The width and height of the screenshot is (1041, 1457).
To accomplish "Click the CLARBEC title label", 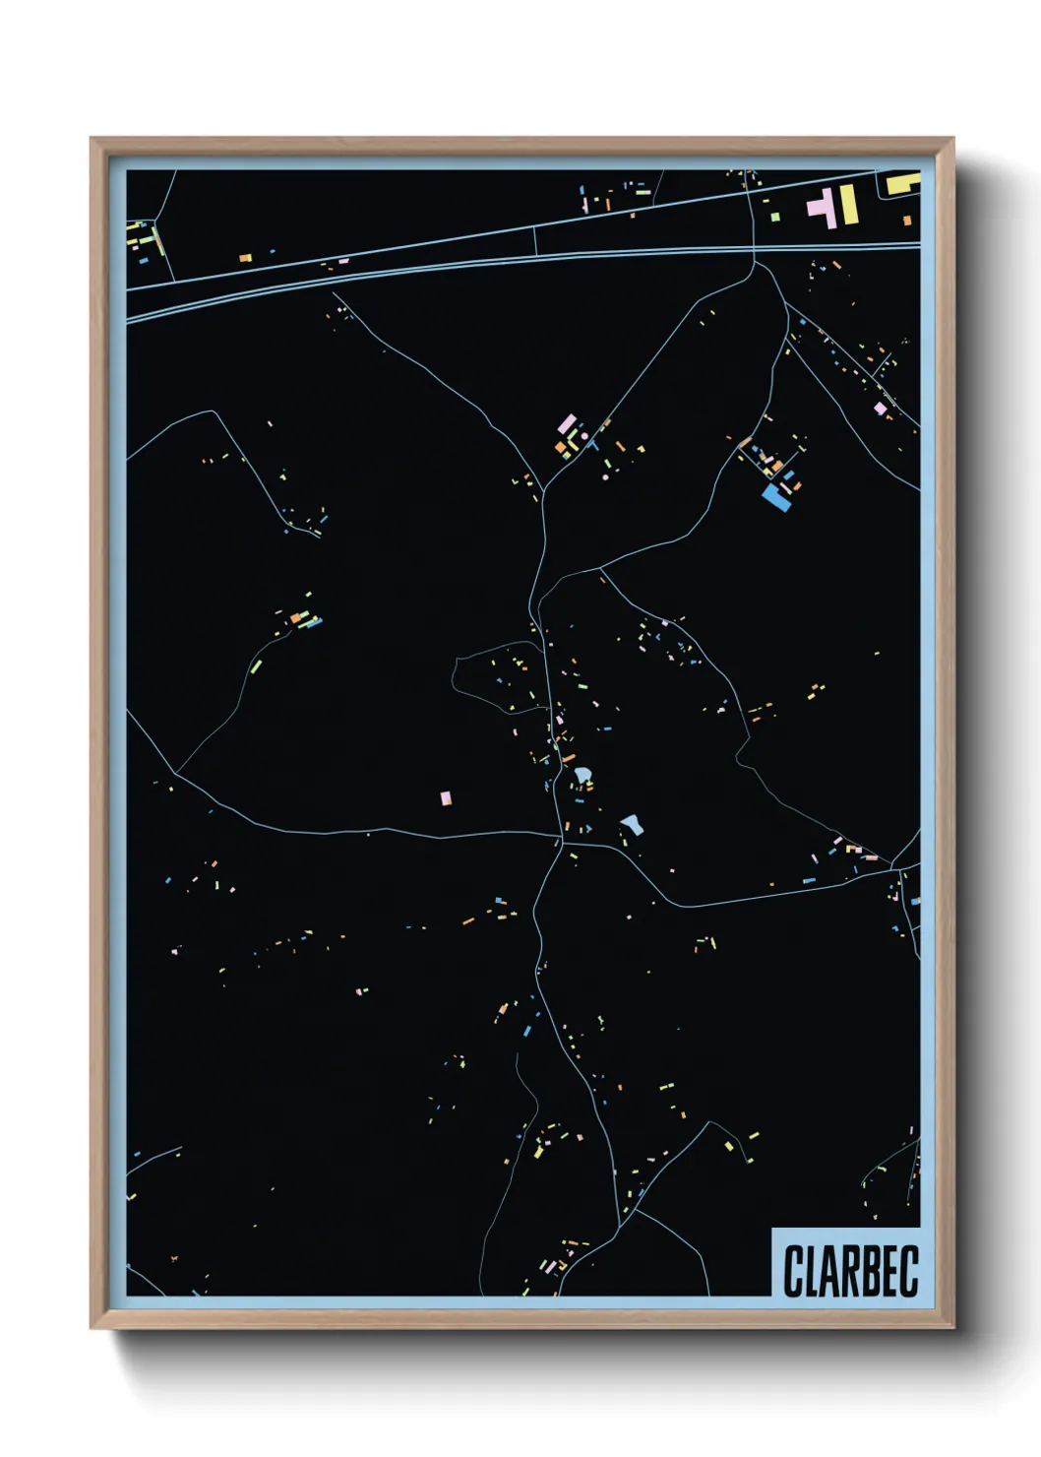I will coord(850,1270).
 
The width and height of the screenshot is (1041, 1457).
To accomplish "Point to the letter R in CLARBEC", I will coord(843,1271).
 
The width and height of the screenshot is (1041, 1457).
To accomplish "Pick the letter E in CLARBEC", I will coord(887,1271).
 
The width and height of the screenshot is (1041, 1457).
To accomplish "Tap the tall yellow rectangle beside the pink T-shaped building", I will coord(846,204).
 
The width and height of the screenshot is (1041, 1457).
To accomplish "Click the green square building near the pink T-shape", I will coord(775,217).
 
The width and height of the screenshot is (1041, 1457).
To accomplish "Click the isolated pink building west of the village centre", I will coord(446,797).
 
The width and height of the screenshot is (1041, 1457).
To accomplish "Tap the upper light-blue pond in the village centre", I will coord(583,777).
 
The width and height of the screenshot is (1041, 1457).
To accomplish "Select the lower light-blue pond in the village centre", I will coord(632,823).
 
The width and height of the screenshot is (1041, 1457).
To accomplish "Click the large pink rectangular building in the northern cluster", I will coord(567,424).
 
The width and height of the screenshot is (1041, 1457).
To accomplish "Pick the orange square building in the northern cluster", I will coord(561,447).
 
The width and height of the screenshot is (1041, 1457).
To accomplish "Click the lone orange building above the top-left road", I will coord(246,258).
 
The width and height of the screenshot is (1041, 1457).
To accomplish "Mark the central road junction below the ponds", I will coord(562,842).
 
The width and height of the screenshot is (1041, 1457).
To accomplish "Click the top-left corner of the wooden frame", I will coord(92,140).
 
